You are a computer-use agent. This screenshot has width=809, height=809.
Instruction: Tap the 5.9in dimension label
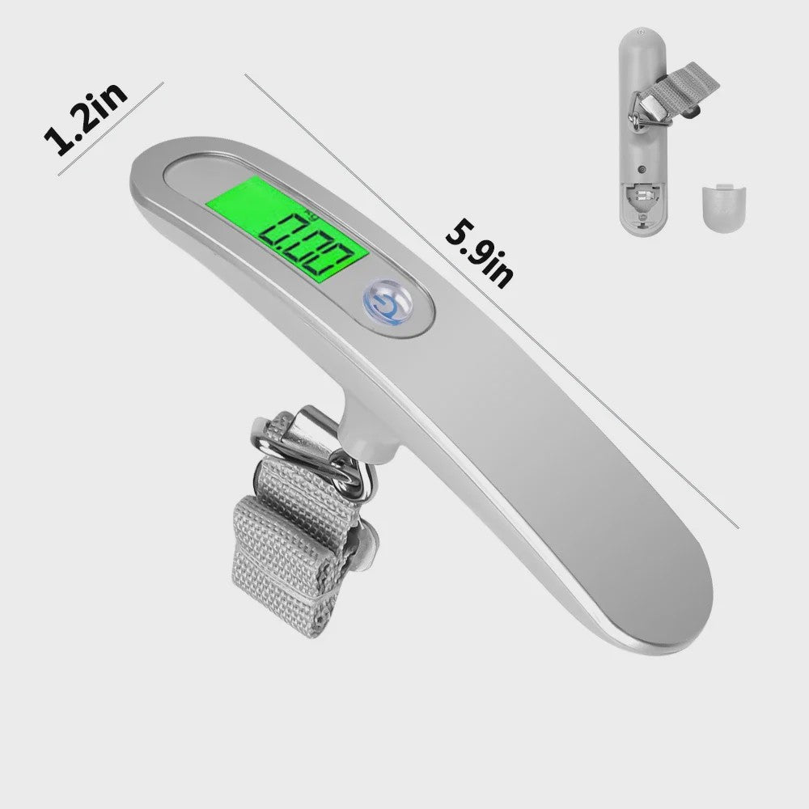point(479,254)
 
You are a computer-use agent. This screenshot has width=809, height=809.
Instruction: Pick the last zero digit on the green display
point(338,261)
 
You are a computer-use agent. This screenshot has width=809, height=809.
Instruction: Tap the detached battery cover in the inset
point(724,209)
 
